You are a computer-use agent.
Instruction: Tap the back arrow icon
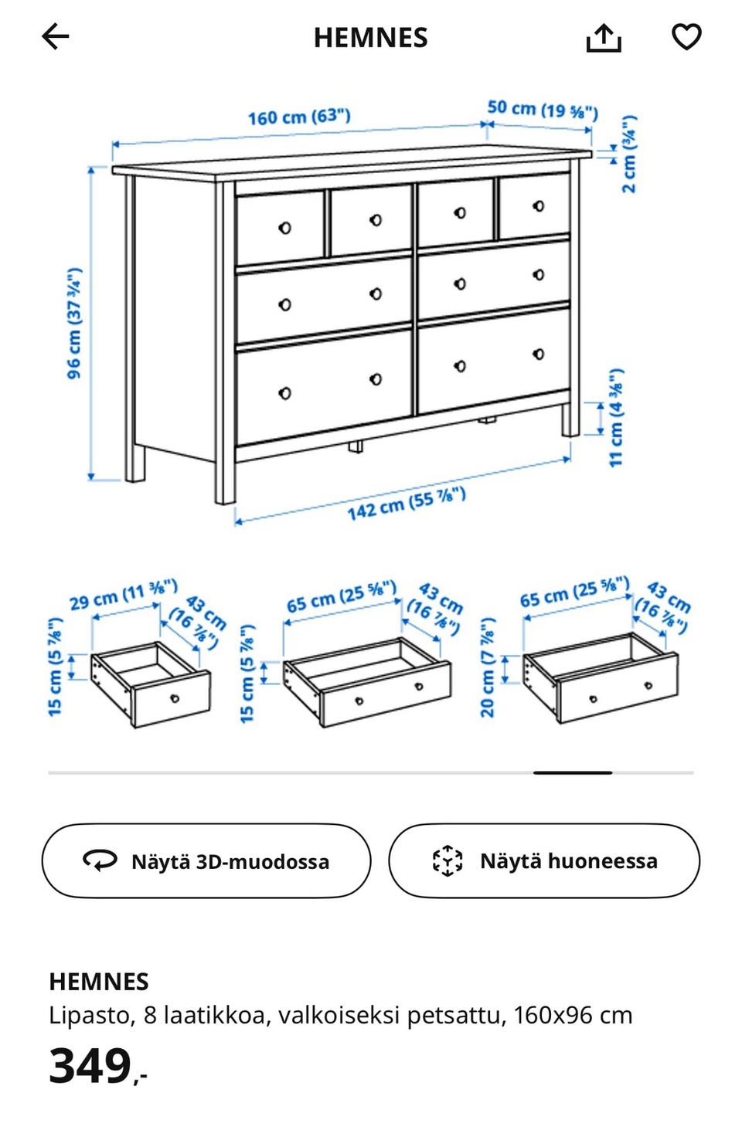[56, 36]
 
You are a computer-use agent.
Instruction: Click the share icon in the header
[604, 37]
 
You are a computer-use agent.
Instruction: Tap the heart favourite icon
[686, 36]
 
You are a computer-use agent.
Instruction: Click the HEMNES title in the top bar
[370, 38]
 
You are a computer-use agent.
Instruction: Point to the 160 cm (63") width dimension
[299, 117]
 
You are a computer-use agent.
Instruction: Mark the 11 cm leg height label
[616, 417]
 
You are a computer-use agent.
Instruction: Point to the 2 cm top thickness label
[630, 154]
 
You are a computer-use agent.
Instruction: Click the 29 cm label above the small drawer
[124, 596]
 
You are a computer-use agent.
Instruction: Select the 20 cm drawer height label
[488, 667]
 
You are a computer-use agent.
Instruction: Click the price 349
[91, 1067]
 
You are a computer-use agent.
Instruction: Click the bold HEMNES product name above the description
[99, 982]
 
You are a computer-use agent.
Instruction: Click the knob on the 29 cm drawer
[175, 698]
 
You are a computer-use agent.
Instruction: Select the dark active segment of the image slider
[573, 772]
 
